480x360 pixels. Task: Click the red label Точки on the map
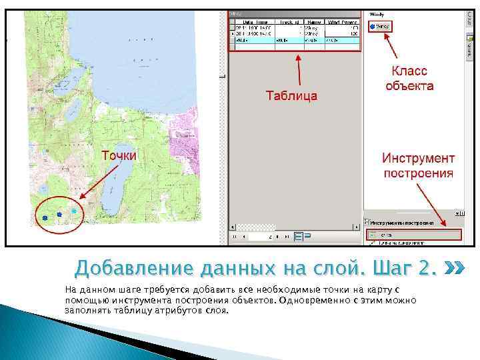click(119, 155)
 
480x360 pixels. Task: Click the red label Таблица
click(291, 95)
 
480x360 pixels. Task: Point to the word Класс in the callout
click(409, 71)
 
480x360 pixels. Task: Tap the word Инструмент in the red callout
click(418, 159)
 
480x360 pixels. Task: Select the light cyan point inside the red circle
click(74, 211)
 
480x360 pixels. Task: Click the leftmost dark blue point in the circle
click(45, 217)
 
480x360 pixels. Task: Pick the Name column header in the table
click(313, 22)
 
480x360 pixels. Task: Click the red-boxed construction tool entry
click(413, 235)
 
